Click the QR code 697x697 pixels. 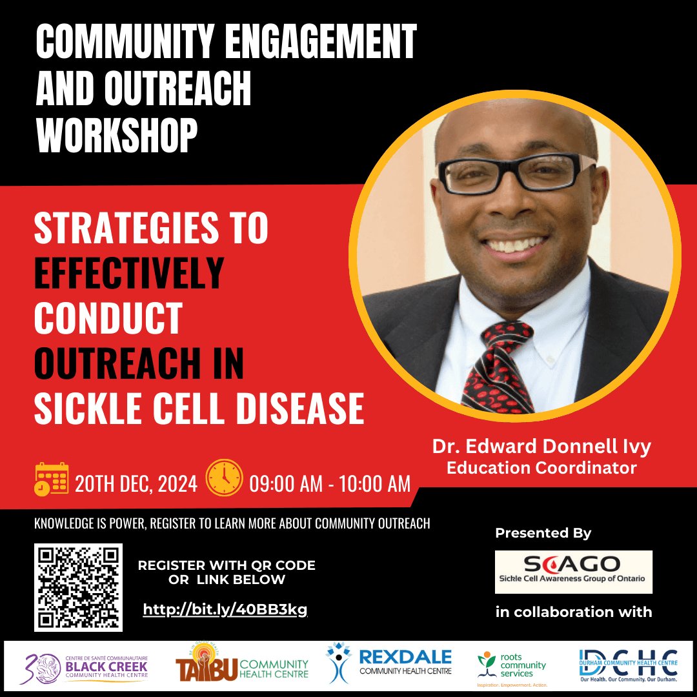click(x=78, y=587)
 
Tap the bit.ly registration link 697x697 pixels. click(x=225, y=609)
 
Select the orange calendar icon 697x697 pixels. click(x=51, y=479)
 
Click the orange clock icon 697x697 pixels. click(x=224, y=478)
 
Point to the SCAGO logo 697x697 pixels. click(x=573, y=572)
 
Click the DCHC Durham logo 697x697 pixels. click(x=628, y=667)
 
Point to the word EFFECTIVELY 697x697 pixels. click(x=129, y=273)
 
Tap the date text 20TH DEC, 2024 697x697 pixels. click(x=136, y=483)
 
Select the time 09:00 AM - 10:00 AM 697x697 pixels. click(x=330, y=483)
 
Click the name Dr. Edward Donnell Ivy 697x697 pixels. click(x=541, y=447)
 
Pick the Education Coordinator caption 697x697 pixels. click(x=541, y=467)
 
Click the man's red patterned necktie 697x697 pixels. click(x=496, y=361)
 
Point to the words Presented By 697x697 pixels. click(x=543, y=533)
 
